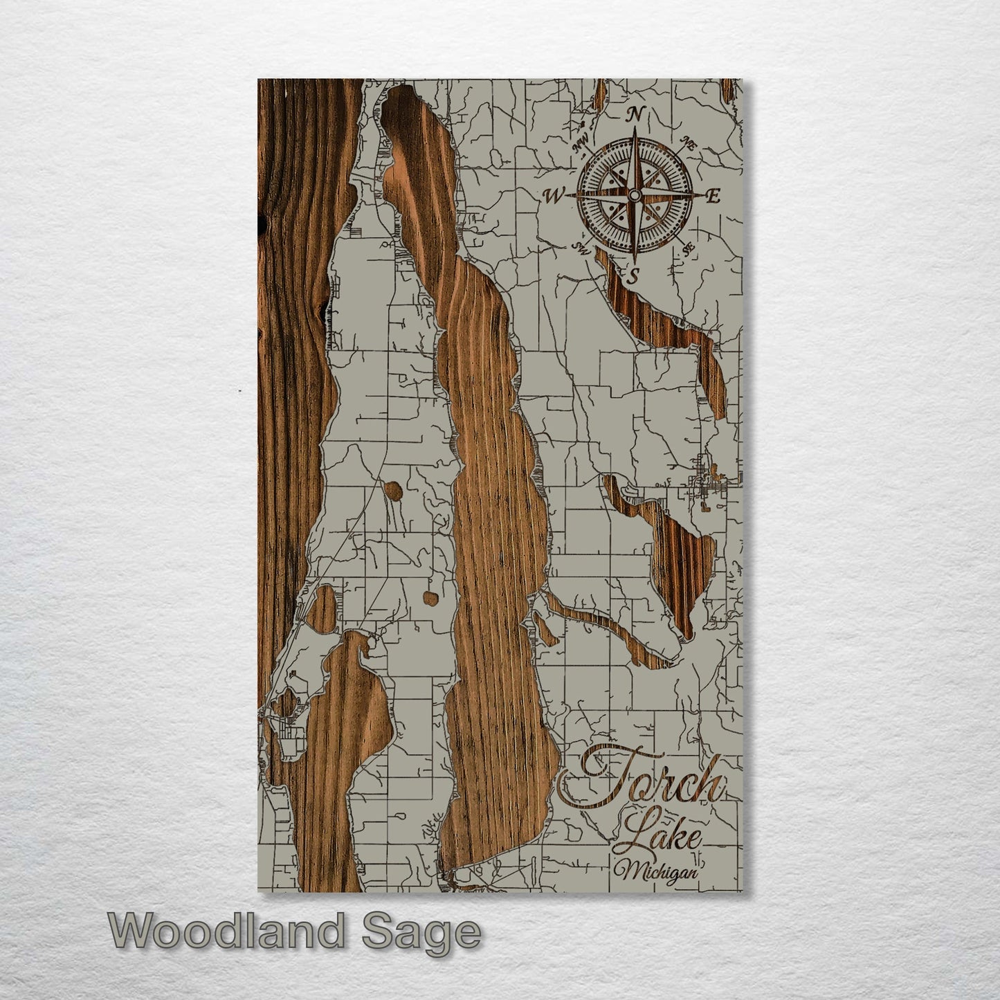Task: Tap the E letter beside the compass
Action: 714,196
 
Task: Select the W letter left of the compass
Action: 554,197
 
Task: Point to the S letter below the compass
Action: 633,277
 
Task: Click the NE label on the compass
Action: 689,143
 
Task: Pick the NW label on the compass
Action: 580,143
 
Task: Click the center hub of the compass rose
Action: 634,196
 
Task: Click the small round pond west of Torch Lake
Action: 393,491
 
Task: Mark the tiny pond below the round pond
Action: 430,597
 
